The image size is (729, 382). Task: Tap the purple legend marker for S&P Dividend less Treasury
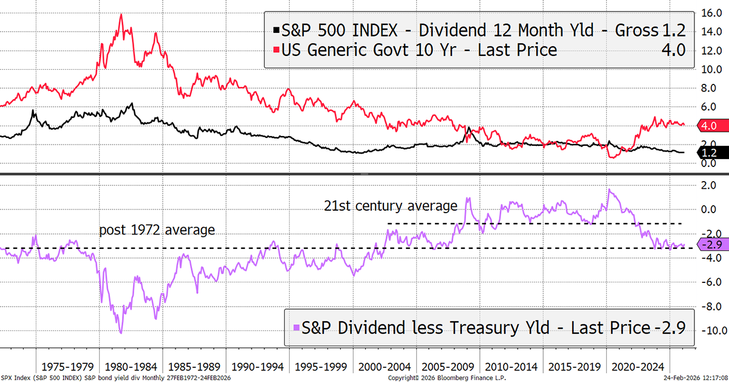point(296,329)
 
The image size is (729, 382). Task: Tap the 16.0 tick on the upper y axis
point(711,12)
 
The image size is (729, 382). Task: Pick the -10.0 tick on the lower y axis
point(710,330)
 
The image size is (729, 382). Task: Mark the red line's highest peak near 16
point(121,15)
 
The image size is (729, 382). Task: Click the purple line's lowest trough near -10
point(121,332)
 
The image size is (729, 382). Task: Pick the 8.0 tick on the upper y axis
point(710,87)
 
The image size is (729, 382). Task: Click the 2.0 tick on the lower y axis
point(710,185)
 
